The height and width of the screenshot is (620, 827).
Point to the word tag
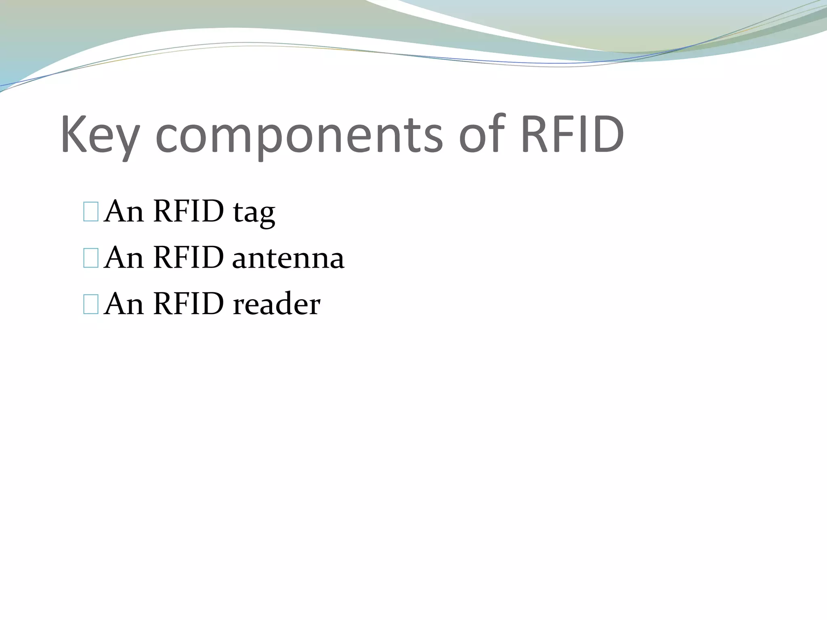(254, 212)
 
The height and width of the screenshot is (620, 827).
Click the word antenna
(288, 258)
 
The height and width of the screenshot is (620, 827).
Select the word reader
(277, 304)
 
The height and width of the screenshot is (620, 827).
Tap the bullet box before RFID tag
(90, 212)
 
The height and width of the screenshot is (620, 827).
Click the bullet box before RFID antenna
(90, 258)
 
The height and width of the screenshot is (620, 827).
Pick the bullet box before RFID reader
(90, 304)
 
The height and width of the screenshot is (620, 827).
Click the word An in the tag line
(124, 212)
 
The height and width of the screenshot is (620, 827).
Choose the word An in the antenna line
(124, 258)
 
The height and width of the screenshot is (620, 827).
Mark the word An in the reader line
(124, 304)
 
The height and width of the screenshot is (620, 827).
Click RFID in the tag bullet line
(188, 212)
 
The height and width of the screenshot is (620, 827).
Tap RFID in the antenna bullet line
(188, 258)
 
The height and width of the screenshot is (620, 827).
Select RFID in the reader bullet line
(188, 304)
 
